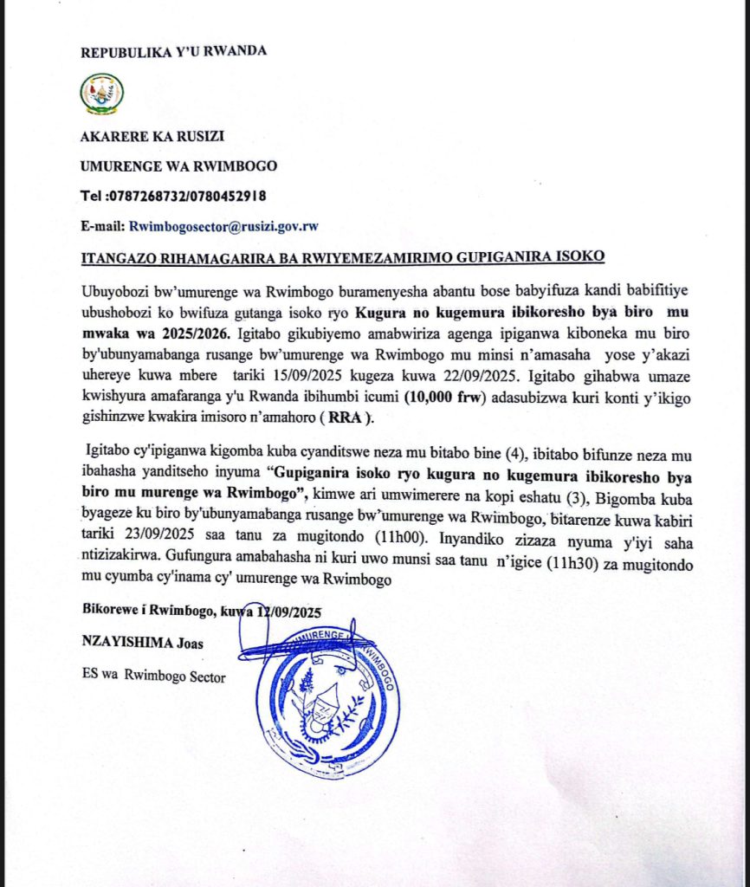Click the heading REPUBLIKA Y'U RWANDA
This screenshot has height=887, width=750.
coord(173,51)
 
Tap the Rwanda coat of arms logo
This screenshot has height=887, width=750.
coord(101,94)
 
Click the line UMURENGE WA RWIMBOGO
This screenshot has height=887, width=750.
coord(167,166)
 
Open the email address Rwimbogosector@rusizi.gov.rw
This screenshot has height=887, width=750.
coord(223,226)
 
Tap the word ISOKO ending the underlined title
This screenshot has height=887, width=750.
coord(579,256)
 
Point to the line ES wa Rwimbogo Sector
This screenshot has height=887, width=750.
coord(153,677)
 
